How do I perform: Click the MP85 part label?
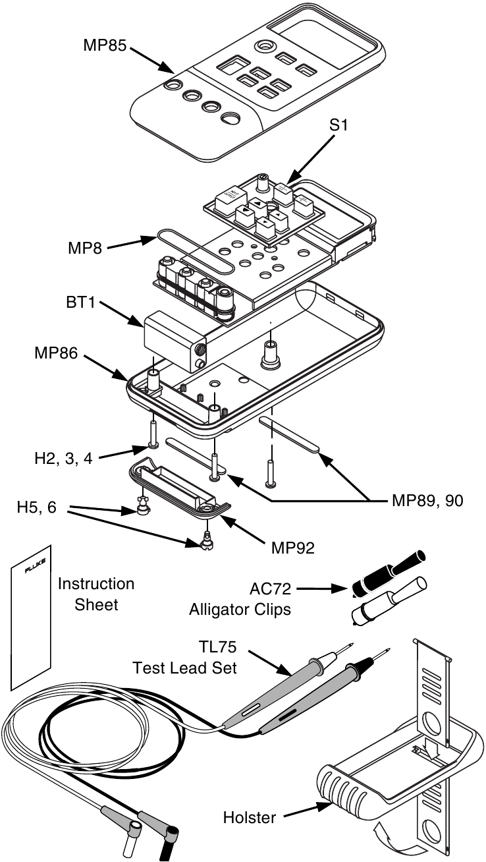coord(105,45)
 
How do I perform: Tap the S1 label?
coord(338,125)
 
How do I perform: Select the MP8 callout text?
coord(85,248)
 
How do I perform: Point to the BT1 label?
coord(80,302)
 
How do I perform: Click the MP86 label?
coord(56,353)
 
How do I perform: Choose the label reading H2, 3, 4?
coord(63,458)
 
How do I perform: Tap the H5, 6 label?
coord(36,507)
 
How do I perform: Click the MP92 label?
coord(293,548)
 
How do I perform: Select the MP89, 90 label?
coord(427,501)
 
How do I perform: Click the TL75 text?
coord(217,647)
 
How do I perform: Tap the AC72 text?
coord(270,589)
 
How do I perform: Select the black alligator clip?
coord(389,574)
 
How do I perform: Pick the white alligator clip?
coord(389,602)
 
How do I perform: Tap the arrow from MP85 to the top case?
coord(152,60)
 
